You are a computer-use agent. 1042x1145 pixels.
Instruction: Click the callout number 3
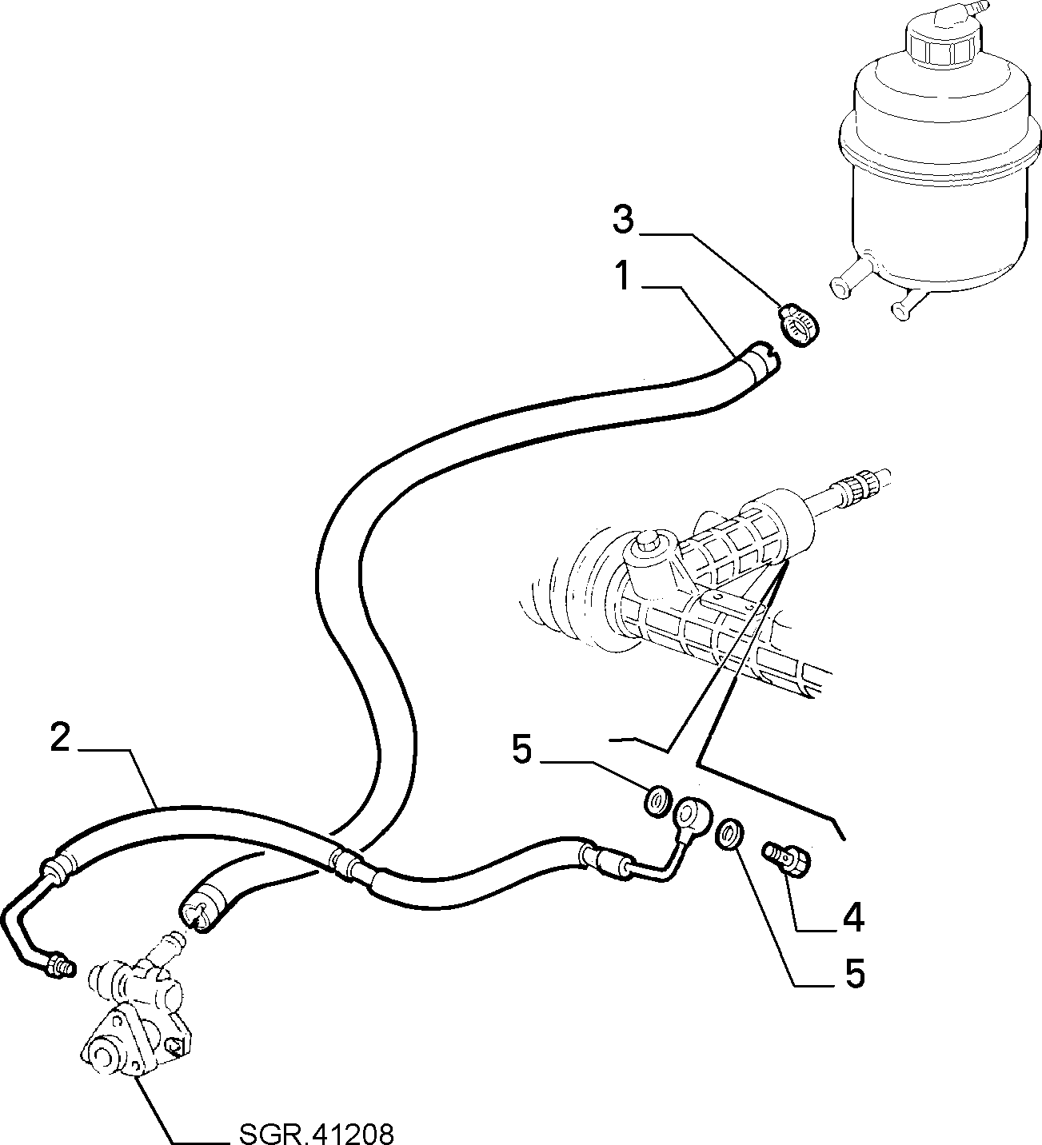click(624, 221)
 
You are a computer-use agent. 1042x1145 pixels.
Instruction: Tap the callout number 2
click(60, 737)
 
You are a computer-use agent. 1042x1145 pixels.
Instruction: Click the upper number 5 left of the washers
click(521, 750)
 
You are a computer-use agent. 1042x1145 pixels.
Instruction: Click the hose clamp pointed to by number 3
click(798, 325)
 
